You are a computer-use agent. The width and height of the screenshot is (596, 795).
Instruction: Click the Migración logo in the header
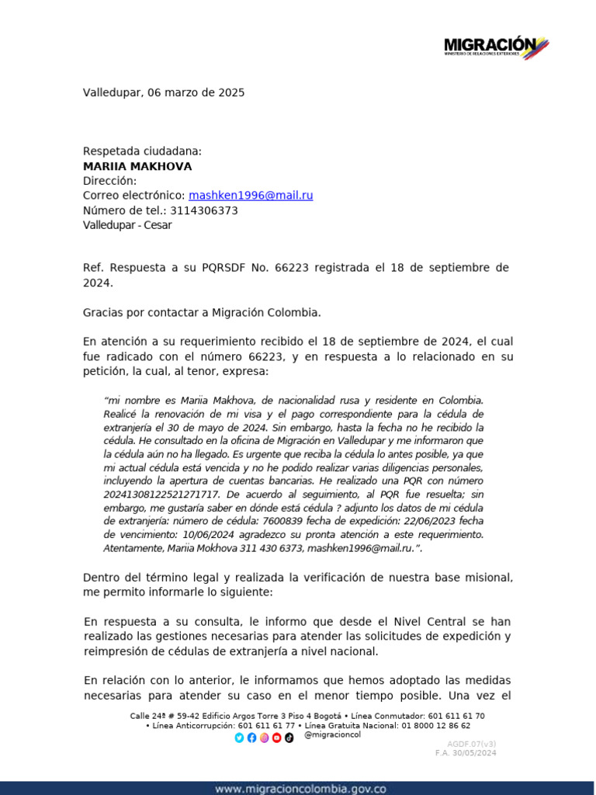tap(496, 47)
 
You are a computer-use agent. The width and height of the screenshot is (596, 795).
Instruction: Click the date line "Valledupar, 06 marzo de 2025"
tap(164, 92)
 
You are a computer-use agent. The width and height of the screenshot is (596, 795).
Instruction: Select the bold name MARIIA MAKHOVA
tap(137, 166)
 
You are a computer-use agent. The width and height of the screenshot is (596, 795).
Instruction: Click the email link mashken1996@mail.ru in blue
tap(251, 196)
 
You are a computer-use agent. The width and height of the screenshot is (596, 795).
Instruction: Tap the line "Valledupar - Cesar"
tap(127, 225)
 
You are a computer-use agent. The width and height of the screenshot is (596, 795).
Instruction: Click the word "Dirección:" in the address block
tap(109, 181)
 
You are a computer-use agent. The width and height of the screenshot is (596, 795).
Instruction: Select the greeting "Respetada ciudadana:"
tap(142, 151)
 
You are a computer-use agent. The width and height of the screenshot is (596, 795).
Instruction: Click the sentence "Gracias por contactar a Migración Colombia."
tap(202, 312)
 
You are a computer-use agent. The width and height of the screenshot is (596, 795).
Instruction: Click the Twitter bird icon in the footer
tap(239, 738)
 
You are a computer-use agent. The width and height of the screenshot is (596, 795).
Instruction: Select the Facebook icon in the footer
tap(251, 738)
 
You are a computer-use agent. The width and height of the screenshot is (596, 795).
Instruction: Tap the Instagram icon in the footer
tap(264, 738)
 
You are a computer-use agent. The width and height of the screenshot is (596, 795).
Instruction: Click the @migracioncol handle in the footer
tap(333, 734)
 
